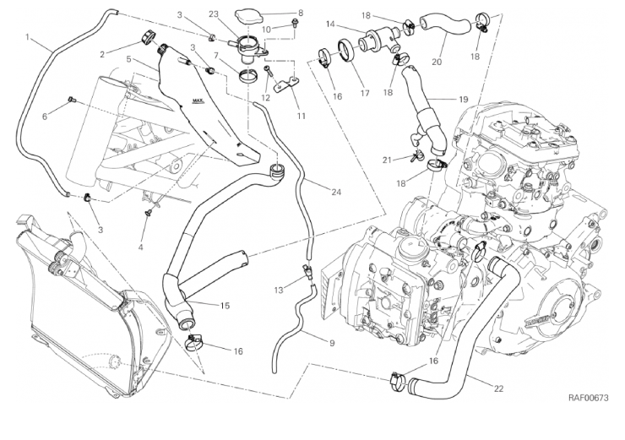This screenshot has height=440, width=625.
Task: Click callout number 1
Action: coord(29,37)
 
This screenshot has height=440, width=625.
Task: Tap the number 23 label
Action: coord(214,14)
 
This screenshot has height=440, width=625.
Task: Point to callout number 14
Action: coord(329,24)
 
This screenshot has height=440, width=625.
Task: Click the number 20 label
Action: coord(437,62)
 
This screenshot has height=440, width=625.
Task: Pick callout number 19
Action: coord(464,100)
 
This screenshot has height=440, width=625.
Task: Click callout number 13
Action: coord(278,290)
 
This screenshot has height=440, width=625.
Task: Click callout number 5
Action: coord(128,61)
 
